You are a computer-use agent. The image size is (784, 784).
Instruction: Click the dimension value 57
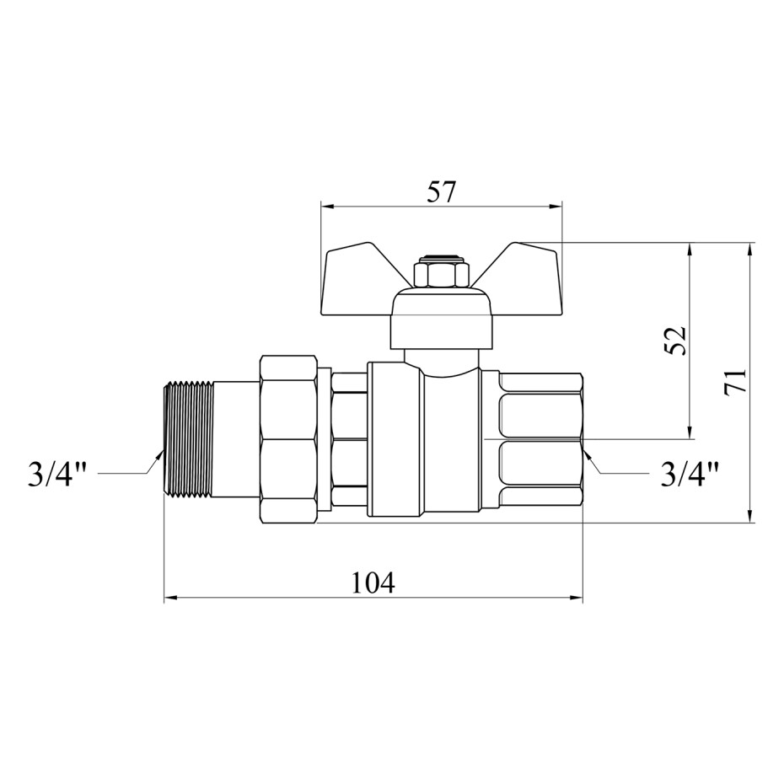442,192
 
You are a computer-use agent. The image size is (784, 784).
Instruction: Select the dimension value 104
373,582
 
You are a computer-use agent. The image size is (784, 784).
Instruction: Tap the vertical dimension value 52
676,341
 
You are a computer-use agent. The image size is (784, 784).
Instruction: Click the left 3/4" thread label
57,474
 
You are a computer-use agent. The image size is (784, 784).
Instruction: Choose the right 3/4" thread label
690,474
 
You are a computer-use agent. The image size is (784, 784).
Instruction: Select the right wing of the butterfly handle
520,279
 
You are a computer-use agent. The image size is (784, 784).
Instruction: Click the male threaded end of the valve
189,439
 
